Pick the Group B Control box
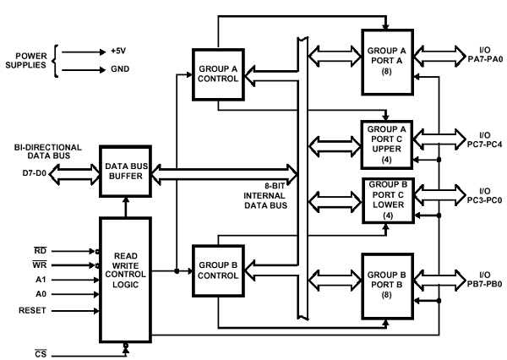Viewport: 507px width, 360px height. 219,270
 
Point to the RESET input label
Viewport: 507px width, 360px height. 33,310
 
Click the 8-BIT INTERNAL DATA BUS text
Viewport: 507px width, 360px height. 267,194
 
